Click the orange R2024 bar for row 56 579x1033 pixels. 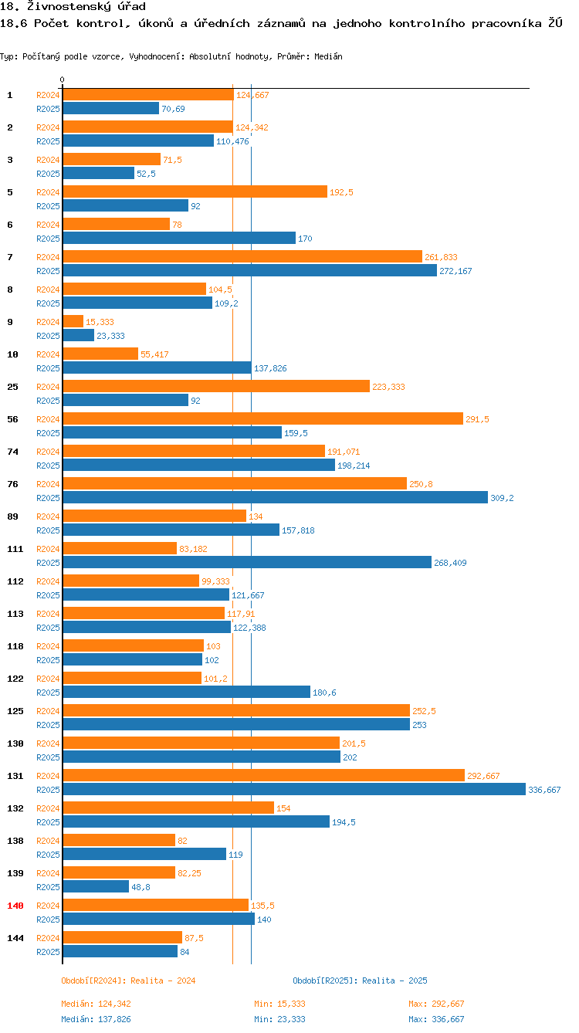pyautogui.click(x=262, y=418)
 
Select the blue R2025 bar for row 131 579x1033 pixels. pyautogui.click(x=293, y=789)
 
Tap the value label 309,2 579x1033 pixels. pyautogui.click(x=502, y=498)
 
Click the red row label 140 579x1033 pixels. pyautogui.click(x=15, y=905)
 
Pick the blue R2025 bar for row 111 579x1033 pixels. pyautogui.click(x=247, y=562)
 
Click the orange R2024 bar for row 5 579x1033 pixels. pyautogui.click(x=195, y=191)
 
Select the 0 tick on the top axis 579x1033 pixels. pyautogui.click(x=63, y=80)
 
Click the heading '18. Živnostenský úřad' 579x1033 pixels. pyautogui.click(x=73, y=6)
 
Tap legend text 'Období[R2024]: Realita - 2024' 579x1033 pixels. pyautogui.click(x=128, y=981)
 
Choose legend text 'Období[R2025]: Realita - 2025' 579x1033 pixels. pyautogui.click(x=360, y=981)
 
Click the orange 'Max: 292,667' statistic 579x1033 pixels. pyautogui.click(x=436, y=1004)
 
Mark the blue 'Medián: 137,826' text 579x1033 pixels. pyautogui.click(x=101, y=1019)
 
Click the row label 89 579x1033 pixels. pyautogui.click(x=12, y=516)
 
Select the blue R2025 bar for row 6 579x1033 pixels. pyautogui.click(x=179, y=238)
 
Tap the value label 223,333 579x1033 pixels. pyautogui.click(x=388, y=387)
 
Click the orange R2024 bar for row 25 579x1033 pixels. pyautogui.click(x=216, y=386)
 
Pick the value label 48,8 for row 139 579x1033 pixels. pyautogui.click(x=141, y=887)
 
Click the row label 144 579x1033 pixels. pyautogui.click(x=15, y=937)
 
